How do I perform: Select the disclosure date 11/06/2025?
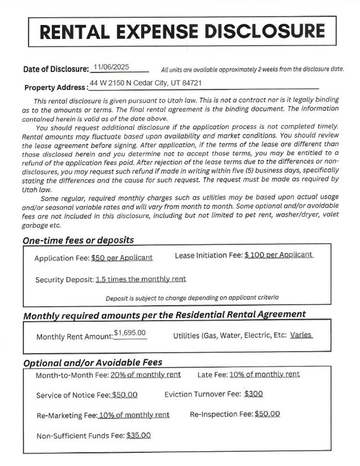pyautogui.click(x=111, y=67)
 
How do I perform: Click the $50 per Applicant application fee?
pyautogui.click(x=122, y=258)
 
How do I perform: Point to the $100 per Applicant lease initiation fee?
pyautogui.click(x=279, y=255)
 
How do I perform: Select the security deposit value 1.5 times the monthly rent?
pyautogui.click(x=141, y=279)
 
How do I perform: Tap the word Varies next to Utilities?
pyautogui.click(x=301, y=335)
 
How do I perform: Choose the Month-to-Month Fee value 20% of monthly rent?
pyautogui.click(x=145, y=375)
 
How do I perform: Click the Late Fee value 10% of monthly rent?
pyautogui.click(x=264, y=374)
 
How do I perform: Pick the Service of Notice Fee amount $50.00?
pyautogui.click(x=125, y=395)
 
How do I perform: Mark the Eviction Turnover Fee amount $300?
pyautogui.click(x=254, y=394)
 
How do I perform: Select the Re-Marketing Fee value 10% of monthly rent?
pyautogui.click(x=134, y=415)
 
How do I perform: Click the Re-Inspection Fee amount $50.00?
pyautogui.click(x=267, y=414)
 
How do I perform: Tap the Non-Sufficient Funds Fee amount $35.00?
pyautogui.click(x=138, y=435)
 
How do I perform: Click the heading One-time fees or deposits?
pyautogui.click(x=78, y=240)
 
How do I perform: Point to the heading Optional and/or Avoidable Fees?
pyautogui.click(x=92, y=363)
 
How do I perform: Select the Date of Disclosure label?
pyautogui.click(x=56, y=69)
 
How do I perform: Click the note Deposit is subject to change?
pyautogui.click(x=192, y=298)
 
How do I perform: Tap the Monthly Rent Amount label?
pyautogui.click(x=75, y=337)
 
